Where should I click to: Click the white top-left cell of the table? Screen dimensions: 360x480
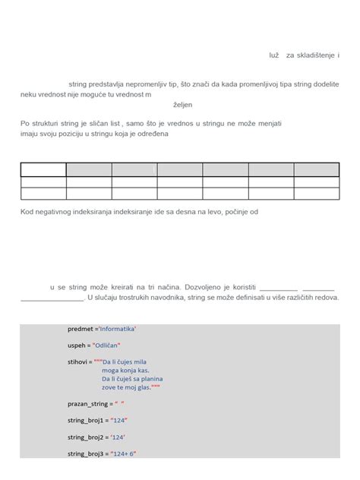43,169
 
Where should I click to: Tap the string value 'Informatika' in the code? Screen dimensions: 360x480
117,329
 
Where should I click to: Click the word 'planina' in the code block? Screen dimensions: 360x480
150,378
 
